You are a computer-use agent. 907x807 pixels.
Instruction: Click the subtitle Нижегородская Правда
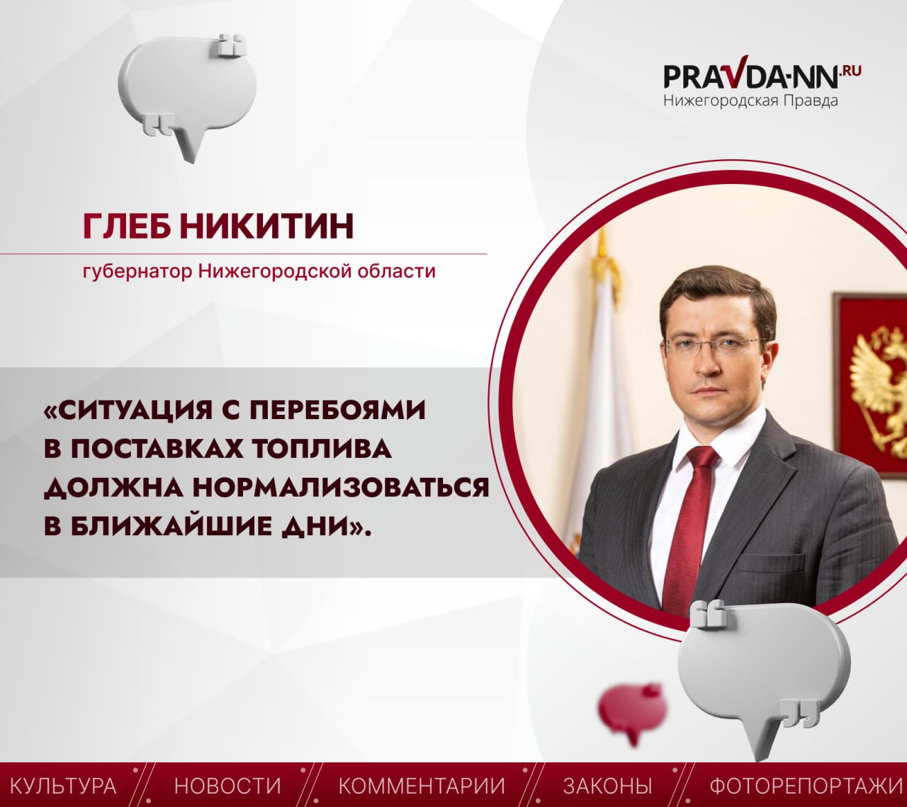coord(751,101)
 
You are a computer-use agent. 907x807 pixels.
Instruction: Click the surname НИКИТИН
coord(267,226)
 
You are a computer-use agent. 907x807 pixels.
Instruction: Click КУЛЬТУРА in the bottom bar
coord(63,786)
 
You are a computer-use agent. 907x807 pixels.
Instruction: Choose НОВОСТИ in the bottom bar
coord(228,786)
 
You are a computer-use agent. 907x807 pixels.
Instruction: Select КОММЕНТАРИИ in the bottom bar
coord(422,786)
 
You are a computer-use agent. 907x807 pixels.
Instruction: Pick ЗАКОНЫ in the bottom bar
coord(607,786)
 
